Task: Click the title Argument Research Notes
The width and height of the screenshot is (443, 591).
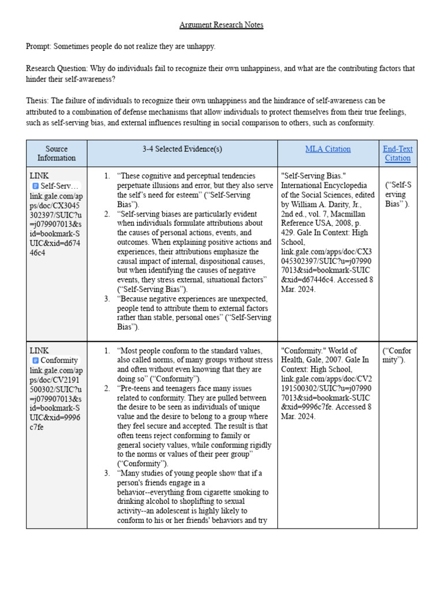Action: [x=221, y=25]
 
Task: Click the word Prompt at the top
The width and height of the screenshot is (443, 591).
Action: [x=39, y=47]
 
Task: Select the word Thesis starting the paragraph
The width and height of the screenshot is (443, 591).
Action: [x=37, y=101]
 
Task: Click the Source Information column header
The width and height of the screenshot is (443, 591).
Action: [x=57, y=154]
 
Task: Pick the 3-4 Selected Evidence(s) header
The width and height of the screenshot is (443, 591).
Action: [x=182, y=149]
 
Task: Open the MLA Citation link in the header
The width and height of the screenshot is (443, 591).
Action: [x=328, y=149]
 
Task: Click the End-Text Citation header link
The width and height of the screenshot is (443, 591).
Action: [x=397, y=154]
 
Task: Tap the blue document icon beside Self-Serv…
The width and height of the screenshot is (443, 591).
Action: [x=35, y=186]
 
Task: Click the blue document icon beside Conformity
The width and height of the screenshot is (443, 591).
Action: [x=35, y=361]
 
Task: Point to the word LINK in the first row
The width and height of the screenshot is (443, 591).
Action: [x=39, y=175]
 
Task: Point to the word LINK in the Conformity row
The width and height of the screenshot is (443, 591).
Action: [x=39, y=350]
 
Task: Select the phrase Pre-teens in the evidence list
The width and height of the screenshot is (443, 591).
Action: [x=135, y=388]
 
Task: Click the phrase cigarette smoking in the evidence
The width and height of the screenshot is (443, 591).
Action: [x=230, y=492]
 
